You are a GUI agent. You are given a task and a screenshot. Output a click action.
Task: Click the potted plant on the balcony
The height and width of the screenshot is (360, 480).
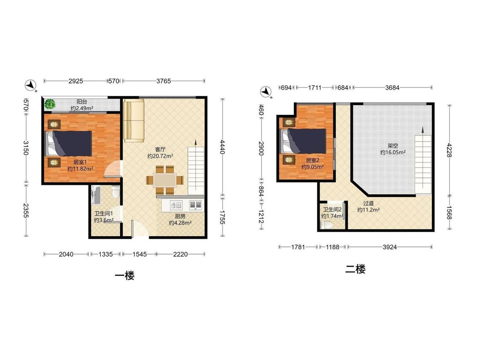tap(49, 105)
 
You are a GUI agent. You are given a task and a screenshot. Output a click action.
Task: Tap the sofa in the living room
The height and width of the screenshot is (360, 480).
tap(134, 120)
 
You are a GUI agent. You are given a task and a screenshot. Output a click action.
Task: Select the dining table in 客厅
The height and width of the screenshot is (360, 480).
tap(165, 180)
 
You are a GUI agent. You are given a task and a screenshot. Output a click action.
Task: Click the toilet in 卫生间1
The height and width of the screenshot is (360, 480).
tap(116, 192)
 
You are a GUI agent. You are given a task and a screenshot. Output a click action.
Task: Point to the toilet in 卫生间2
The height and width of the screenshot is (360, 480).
tap(326, 225)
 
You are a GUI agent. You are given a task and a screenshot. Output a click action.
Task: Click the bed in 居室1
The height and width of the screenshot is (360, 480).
tap(69, 143)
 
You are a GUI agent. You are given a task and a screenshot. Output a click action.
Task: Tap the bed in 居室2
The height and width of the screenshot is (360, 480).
tap(303, 140)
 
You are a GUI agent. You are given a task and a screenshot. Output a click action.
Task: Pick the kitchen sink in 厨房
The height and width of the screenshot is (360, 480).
tap(176, 205)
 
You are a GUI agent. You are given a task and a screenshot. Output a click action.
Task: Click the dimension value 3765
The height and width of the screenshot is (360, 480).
tap(163, 81)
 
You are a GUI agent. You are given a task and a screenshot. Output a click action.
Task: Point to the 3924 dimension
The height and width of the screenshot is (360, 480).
tap(390, 247)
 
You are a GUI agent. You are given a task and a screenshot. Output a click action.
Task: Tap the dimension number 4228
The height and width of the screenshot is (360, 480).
tap(449, 150)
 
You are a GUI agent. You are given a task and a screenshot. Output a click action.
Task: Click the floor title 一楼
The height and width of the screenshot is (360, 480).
tap(125, 276)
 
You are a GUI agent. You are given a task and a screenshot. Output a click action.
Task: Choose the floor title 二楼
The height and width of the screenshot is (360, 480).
tap(355, 269)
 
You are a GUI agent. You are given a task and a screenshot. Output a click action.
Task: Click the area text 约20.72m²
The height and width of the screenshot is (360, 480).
tap(160, 156)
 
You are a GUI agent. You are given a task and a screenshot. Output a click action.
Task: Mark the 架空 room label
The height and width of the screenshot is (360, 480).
tap(393, 146)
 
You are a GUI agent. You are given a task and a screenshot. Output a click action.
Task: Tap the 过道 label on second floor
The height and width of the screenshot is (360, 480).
tap(368, 203)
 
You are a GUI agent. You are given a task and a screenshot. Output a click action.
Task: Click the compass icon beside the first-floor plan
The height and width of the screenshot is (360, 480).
tap(31, 85)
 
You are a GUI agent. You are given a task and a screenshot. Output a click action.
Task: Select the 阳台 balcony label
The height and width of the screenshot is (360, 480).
tap(82, 102)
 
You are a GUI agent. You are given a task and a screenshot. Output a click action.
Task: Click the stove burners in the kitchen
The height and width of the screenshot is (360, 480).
tap(195, 204)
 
